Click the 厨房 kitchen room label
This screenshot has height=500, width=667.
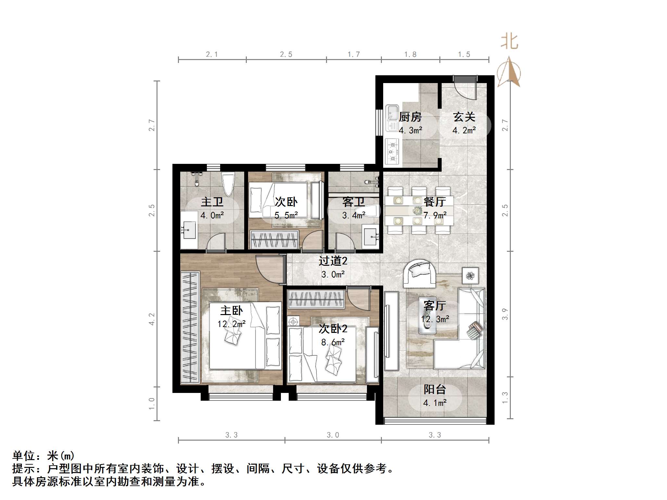pos(410,117)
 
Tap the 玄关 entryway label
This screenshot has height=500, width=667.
pos(464,117)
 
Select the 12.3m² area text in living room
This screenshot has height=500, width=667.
pos(435,319)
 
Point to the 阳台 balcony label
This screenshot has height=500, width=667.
pos(434,389)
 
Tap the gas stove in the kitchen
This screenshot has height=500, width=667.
pos(392,151)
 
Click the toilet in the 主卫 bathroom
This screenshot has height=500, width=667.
pos(228,184)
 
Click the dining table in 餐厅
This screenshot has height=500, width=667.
pos(419,211)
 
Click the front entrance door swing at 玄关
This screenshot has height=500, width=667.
pos(465,88)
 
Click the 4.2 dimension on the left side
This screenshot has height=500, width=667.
pos(151,319)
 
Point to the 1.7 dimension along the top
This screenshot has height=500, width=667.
pos(354,55)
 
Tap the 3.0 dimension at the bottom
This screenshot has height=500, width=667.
pos(333,435)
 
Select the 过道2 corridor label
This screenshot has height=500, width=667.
pos(333,261)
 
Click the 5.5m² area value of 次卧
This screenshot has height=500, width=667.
pos(286,215)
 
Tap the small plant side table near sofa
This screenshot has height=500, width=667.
pos(470,275)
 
